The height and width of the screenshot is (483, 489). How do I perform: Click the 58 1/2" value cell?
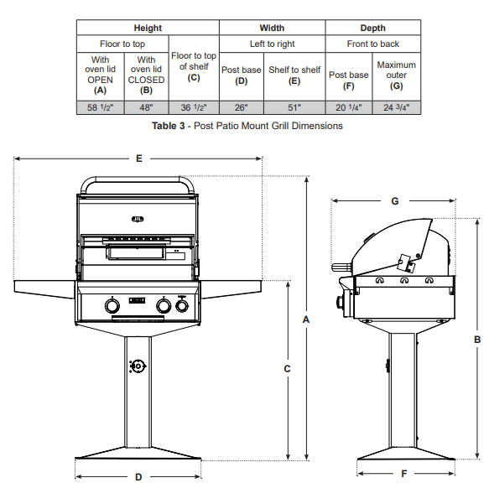click(100, 107)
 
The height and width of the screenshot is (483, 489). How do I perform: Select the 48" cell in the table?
click(146, 107)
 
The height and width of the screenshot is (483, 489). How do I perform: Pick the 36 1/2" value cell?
click(194, 107)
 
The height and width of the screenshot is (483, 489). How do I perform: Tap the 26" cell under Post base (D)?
click(241, 107)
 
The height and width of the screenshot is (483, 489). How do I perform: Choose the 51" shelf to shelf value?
click(294, 107)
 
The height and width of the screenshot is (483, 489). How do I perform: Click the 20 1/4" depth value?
click(349, 107)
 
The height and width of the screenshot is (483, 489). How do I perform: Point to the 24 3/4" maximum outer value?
click(397, 107)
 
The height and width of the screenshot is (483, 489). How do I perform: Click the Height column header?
click(148, 28)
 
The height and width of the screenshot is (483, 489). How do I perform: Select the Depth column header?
click(373, 28)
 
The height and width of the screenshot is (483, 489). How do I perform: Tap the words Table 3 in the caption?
click(169, 126)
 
